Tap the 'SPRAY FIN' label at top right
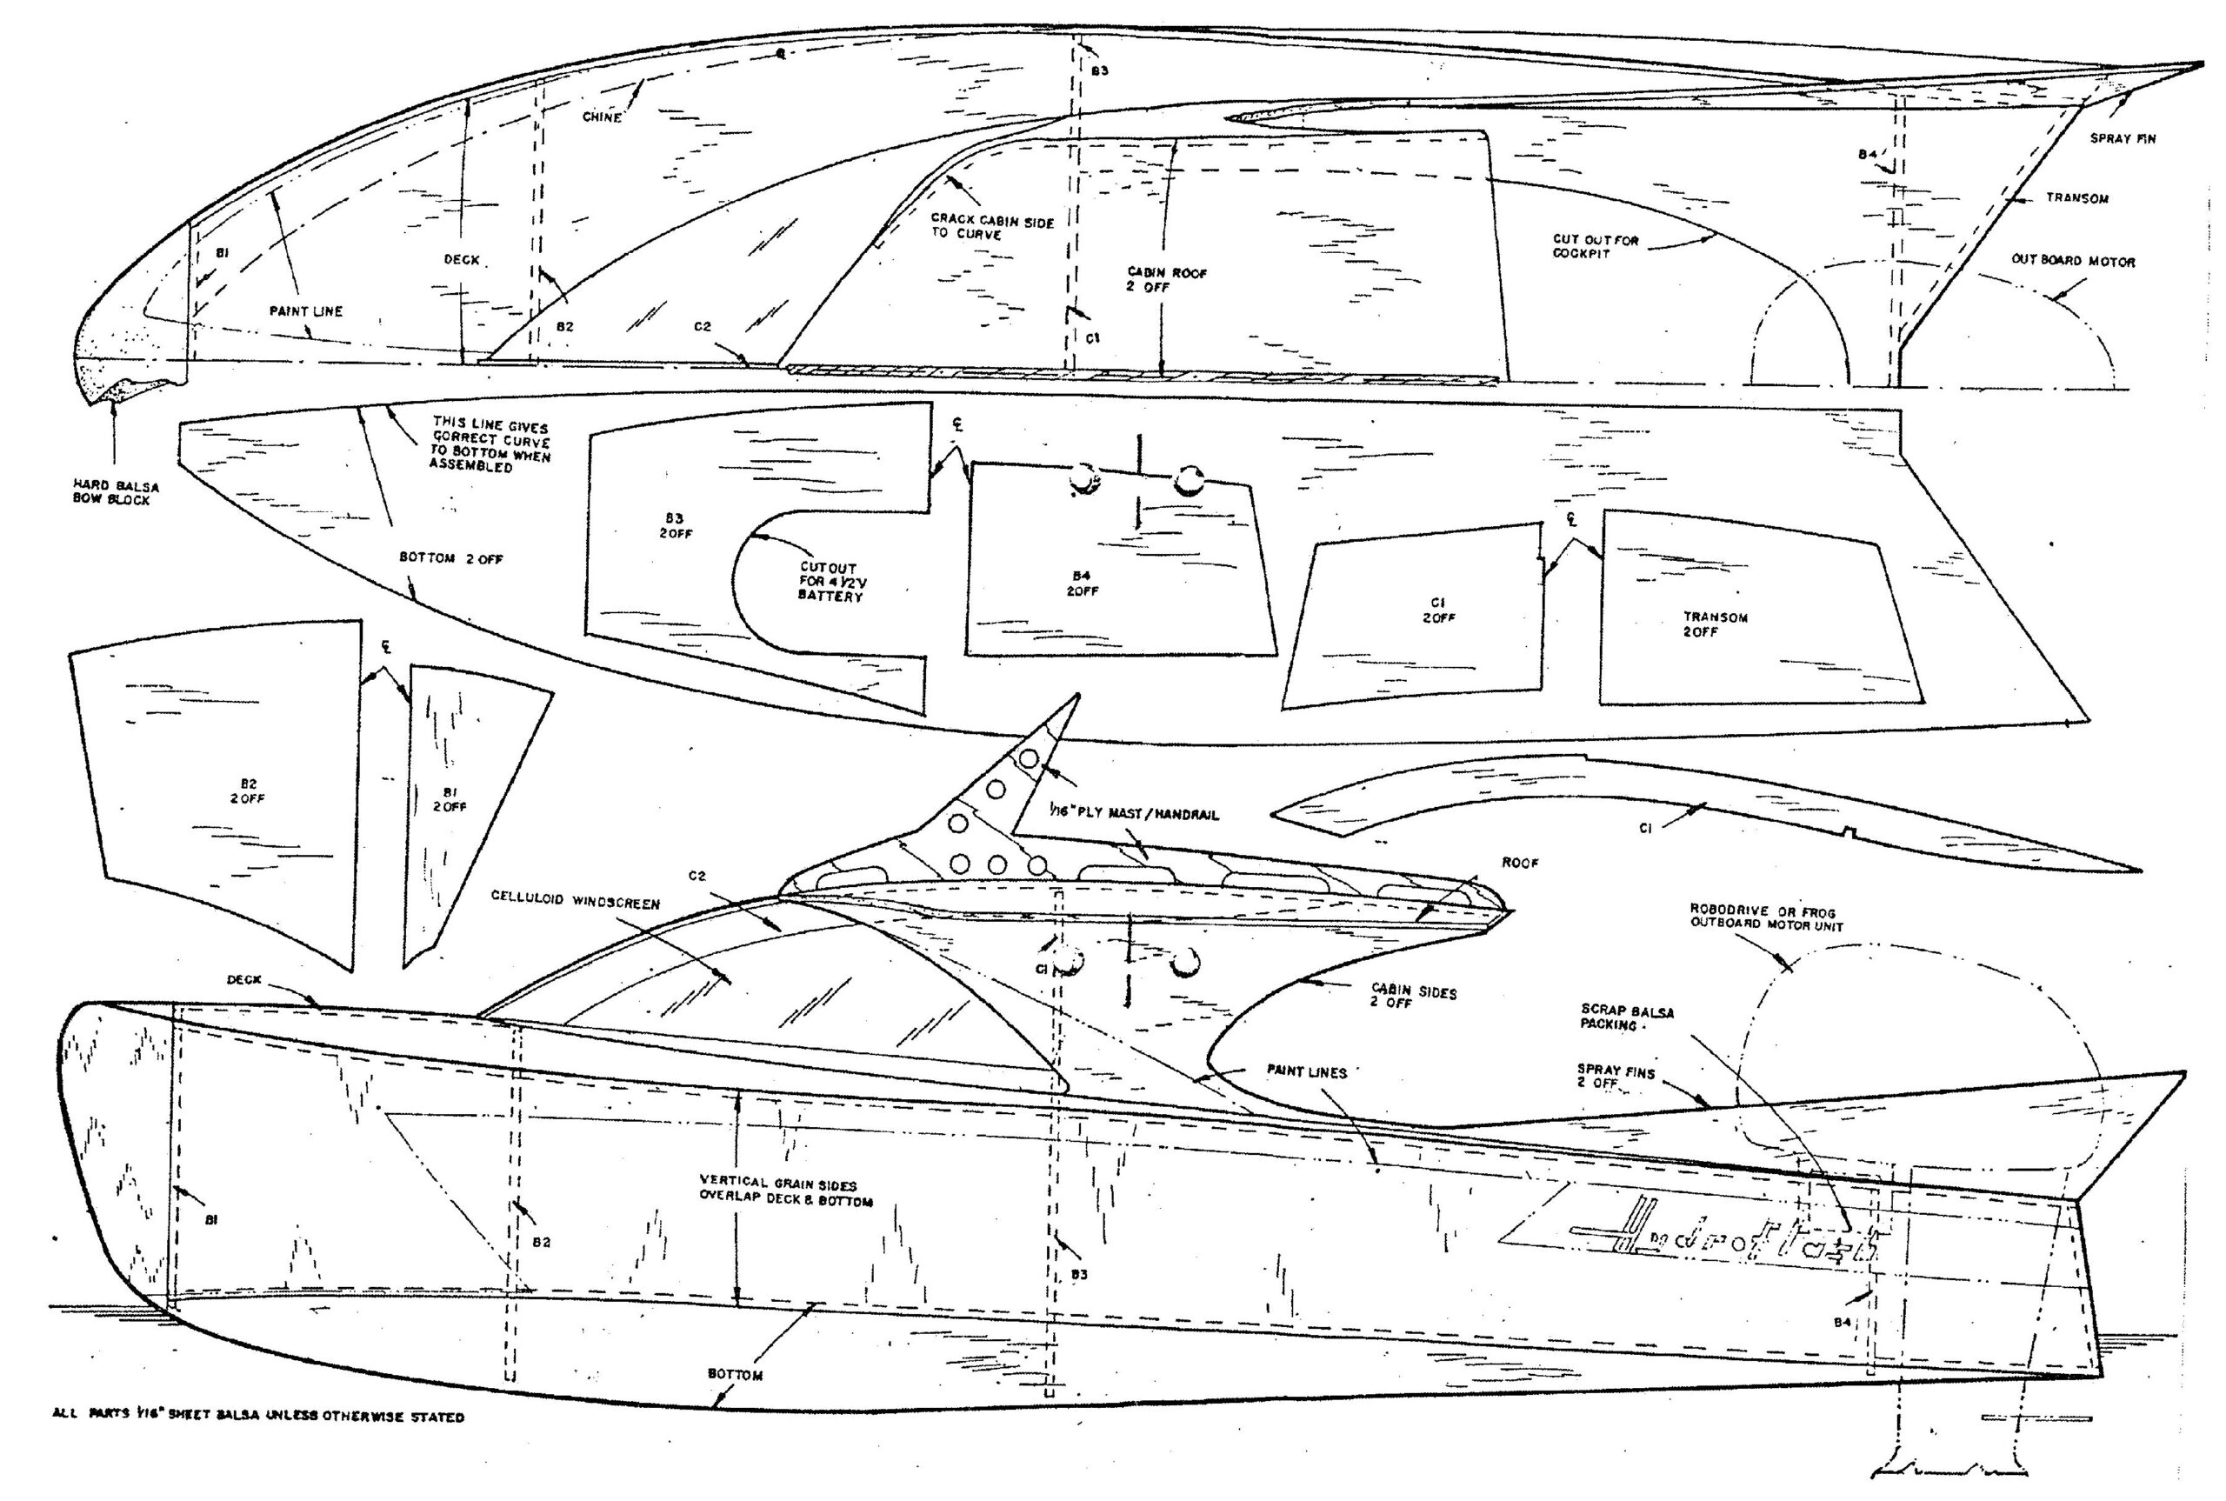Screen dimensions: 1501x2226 pos(2122,139)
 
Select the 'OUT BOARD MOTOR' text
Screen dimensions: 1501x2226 pos(2072,262)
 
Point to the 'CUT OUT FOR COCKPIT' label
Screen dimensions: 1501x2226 pos(1595,247)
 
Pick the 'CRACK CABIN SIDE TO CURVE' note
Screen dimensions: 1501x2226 pos(991,228)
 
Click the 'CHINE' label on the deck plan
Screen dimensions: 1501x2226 pos(602,117)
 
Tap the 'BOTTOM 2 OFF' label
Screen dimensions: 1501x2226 pos(450,558)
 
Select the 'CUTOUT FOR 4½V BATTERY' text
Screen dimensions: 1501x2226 pos(830,582)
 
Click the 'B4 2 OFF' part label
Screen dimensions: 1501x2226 pos(1083,583)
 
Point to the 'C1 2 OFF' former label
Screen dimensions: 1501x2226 pos(1437,610)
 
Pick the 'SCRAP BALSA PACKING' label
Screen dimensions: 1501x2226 pos(1627,1017)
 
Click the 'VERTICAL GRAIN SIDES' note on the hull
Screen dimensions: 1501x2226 pos(786,1191)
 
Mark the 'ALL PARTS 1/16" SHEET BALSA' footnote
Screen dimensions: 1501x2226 pos(258,1417)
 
